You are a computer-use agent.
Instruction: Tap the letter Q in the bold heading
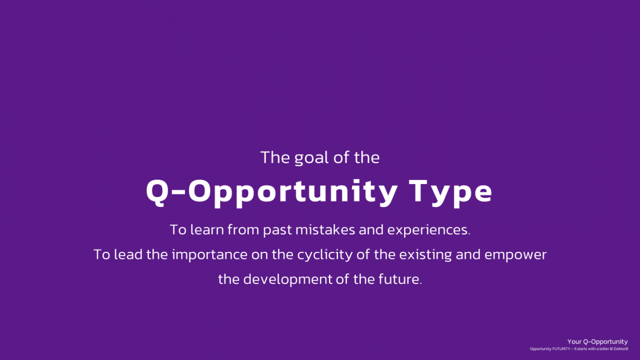pyautogui.click(x=156, y=191)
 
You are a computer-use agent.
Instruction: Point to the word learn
pyautogui.click(x=207, y=229)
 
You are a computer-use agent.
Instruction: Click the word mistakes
pyautogui.click(x=325, y=229)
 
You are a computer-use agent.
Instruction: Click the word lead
pyautogui.click(x=128, y=254)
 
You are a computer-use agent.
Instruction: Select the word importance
pyautogui.click(x=209, y=255)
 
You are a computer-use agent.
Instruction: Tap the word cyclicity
pyautogui.click(x=325, y=255)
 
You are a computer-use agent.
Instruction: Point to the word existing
pyautogui.click(x=425, y=255)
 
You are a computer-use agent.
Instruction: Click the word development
pyautogui.click(x=287, y=279)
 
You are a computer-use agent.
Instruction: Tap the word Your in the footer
pyautogui.click(x=574, y=341)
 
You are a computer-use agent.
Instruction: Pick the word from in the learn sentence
pyautogui.click(x=243, y=229)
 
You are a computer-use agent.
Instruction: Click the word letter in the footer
pyautogui.click(x=605, y=349)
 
